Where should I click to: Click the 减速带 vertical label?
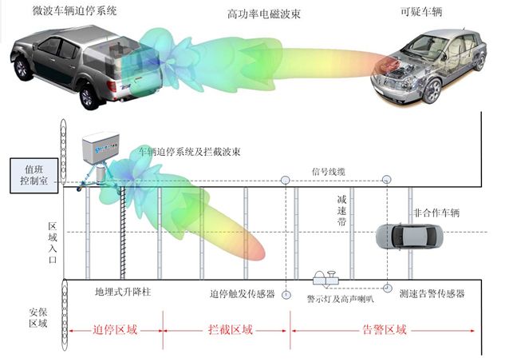(341, 210)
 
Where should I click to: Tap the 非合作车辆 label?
(436, 213)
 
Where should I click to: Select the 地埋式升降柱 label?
(123, 293)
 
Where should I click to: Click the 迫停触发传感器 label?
(243, 294)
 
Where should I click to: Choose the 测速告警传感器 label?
(432, 294)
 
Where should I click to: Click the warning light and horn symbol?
(327, 277)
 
